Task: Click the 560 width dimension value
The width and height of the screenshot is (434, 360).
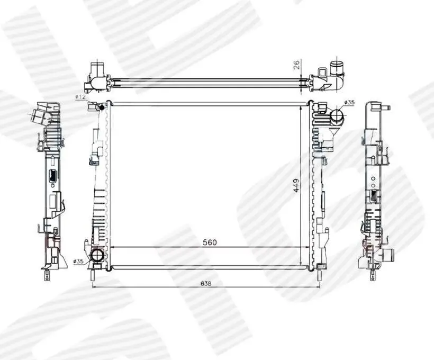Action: point(210,242)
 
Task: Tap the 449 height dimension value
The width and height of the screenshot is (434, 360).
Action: point(296,185)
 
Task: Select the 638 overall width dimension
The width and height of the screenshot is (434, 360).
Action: point(206,284)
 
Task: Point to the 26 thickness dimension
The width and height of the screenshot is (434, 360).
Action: point(296,65)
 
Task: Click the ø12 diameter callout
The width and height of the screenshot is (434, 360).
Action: point(80,97)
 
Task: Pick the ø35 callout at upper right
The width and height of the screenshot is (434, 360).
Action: point(349,103)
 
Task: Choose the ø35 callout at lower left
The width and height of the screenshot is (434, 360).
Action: point(79,261)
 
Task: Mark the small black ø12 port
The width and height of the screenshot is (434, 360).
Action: point(101,107)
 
